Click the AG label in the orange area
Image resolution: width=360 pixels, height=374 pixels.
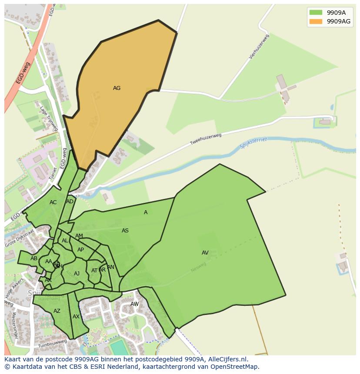[x=117, y=88]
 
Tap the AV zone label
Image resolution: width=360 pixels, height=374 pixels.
[x=205, y=253]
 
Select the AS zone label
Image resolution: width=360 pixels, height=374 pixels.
[x=125, y=231]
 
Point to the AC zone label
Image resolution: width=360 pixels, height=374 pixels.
[x=53, y=202]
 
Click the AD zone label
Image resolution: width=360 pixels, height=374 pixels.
[x=70, y=202]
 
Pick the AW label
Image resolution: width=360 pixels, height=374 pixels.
[x=135, y=304]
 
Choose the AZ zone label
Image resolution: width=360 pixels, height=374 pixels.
[x=57, y=311]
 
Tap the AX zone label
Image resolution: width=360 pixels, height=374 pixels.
[x=76, y=317]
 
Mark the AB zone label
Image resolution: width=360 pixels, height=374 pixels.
[x=34, y=258]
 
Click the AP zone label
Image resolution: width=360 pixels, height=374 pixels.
[x=80, y=250]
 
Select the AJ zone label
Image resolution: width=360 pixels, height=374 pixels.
[x=77, y=274]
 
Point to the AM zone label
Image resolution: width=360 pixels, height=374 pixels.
[x=79, y=236]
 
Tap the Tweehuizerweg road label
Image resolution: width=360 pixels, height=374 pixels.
[x=206, y=139]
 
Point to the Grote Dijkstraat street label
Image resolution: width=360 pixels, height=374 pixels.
[x=20, y=239]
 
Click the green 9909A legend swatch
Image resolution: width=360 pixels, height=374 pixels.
[x=316, y=13]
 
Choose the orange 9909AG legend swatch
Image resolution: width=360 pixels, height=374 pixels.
[x=316, y=21]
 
